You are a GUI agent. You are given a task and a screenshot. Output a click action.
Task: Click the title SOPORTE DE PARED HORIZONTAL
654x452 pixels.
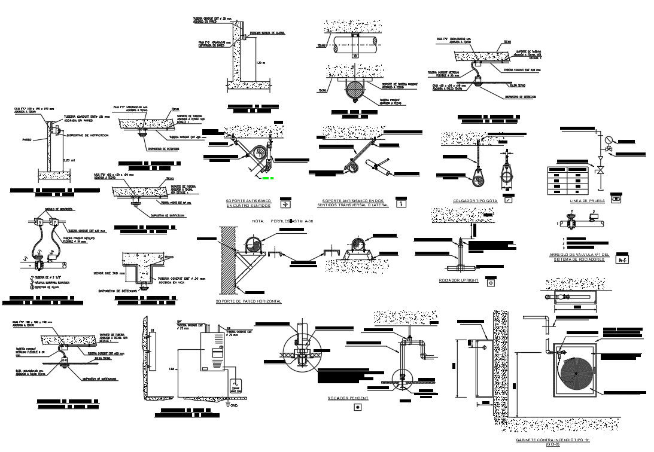[x=248, y=301]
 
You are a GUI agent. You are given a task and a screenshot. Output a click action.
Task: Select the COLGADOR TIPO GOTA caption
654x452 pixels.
[x=475, y=201]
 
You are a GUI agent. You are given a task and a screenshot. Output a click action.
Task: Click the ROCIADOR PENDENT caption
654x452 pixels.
[x=348, y=398]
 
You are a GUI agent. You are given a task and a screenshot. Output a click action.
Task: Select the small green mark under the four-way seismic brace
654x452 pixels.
[x=268, y=178]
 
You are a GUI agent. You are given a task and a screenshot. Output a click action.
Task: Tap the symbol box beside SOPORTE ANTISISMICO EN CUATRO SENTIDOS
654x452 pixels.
[x=285, y=203]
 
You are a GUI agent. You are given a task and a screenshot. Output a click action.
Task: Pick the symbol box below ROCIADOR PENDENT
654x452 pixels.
[x=358, y=407]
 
